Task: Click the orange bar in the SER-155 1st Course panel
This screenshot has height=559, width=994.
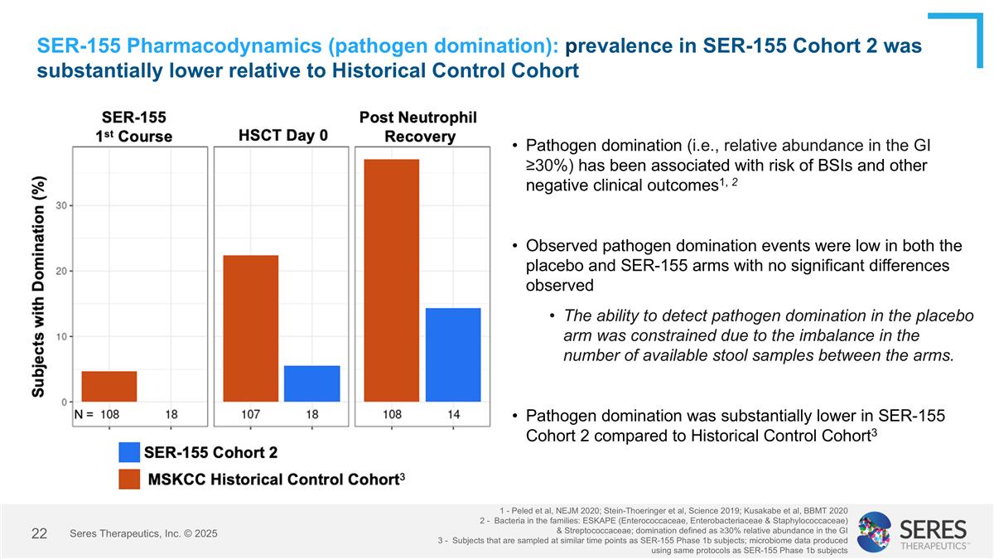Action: (109, 387)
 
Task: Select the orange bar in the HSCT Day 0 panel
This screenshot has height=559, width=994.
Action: (251, 329)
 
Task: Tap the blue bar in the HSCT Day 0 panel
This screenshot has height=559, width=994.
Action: (311, 383)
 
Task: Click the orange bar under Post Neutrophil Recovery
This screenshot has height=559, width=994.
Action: (392, 281)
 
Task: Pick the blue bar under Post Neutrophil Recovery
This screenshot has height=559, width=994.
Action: (453, 355)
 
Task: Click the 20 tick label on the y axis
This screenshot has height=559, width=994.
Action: (61, 271)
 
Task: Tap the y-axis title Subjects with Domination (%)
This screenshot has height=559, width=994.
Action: (39, 286)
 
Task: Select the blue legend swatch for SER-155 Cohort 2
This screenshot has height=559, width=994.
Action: (129, 452)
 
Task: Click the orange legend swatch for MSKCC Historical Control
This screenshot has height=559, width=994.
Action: (129, 479)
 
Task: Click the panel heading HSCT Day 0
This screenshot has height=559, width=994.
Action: (277, 136)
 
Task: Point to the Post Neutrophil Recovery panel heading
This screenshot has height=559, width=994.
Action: (417, 128)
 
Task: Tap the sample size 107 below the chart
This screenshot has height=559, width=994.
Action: (251, 413)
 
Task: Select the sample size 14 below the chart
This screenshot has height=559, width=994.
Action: (453, 413)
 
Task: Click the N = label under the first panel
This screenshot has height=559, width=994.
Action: (84, 413)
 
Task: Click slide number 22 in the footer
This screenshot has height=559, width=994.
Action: (39, 533)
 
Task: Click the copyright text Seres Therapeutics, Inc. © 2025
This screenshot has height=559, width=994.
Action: (144, 534)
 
